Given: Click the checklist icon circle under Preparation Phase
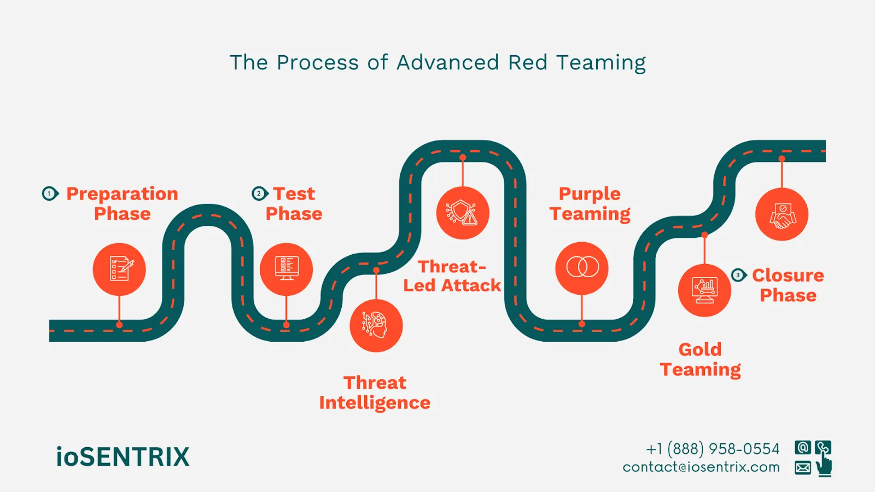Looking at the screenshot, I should point(119,270).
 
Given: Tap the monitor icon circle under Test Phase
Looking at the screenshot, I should point(286,270).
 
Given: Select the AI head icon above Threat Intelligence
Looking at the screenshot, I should point(376,326).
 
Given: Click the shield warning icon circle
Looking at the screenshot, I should point(463,213).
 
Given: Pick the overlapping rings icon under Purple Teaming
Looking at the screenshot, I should point(582,268).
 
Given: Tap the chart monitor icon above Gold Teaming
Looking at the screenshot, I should point(704,290).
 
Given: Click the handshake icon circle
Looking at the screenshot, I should point(781,214).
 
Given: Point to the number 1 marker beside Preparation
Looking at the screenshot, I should point(50,194).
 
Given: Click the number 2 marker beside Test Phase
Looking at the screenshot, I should point(260,194).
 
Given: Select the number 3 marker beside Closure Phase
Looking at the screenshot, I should point(738,275).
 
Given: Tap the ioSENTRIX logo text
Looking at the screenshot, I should point(122,457).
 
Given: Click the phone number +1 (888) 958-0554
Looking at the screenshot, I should point(713,449).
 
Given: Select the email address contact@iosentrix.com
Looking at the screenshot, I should point(701,467).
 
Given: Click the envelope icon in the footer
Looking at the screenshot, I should point(803,468).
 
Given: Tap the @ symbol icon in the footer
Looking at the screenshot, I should point(803,448).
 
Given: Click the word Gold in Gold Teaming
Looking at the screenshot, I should point(700,349).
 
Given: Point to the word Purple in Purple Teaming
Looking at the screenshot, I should point(590,194).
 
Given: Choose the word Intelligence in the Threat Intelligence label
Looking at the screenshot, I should point(375,403).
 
